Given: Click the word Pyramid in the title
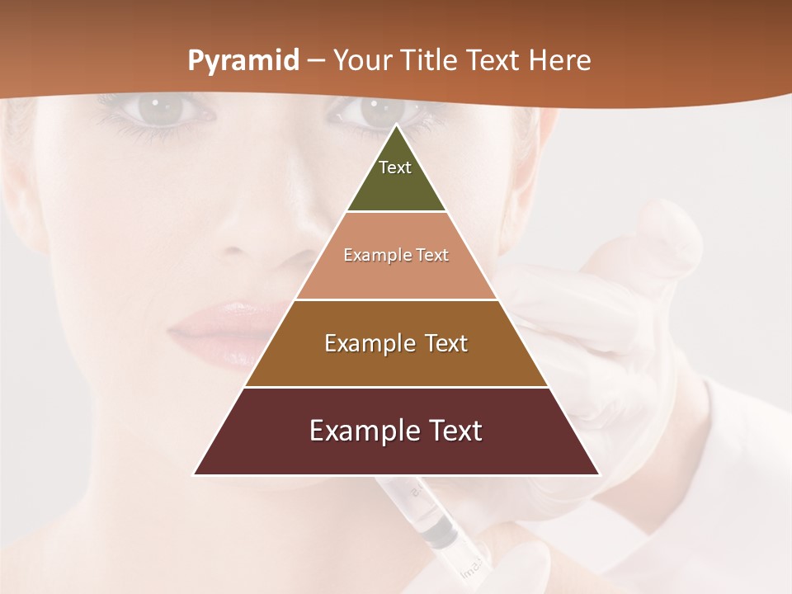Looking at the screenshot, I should tap(243, 61).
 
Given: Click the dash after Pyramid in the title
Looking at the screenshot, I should tap(316, 62).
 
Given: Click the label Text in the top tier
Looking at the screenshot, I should tap(395, 167).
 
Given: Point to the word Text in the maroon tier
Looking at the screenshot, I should tap(453, 431).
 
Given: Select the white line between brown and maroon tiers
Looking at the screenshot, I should tap(396, 387).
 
